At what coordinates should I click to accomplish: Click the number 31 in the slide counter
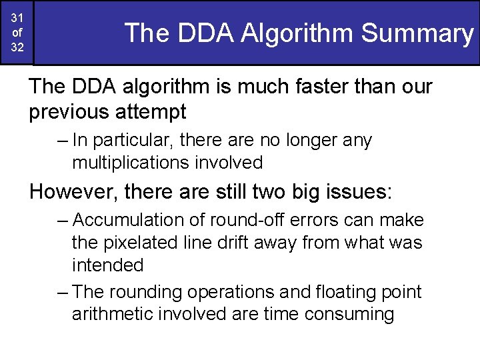[x=17, y=17]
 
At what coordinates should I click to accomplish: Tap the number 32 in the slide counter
[x=17, y=48]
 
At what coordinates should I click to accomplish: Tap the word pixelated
[x=142, y=242]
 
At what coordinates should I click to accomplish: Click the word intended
[x=107, y=265]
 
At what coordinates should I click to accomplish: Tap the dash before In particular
[x=62, y=141]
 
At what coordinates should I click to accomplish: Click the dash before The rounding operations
[x=62, y=291]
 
